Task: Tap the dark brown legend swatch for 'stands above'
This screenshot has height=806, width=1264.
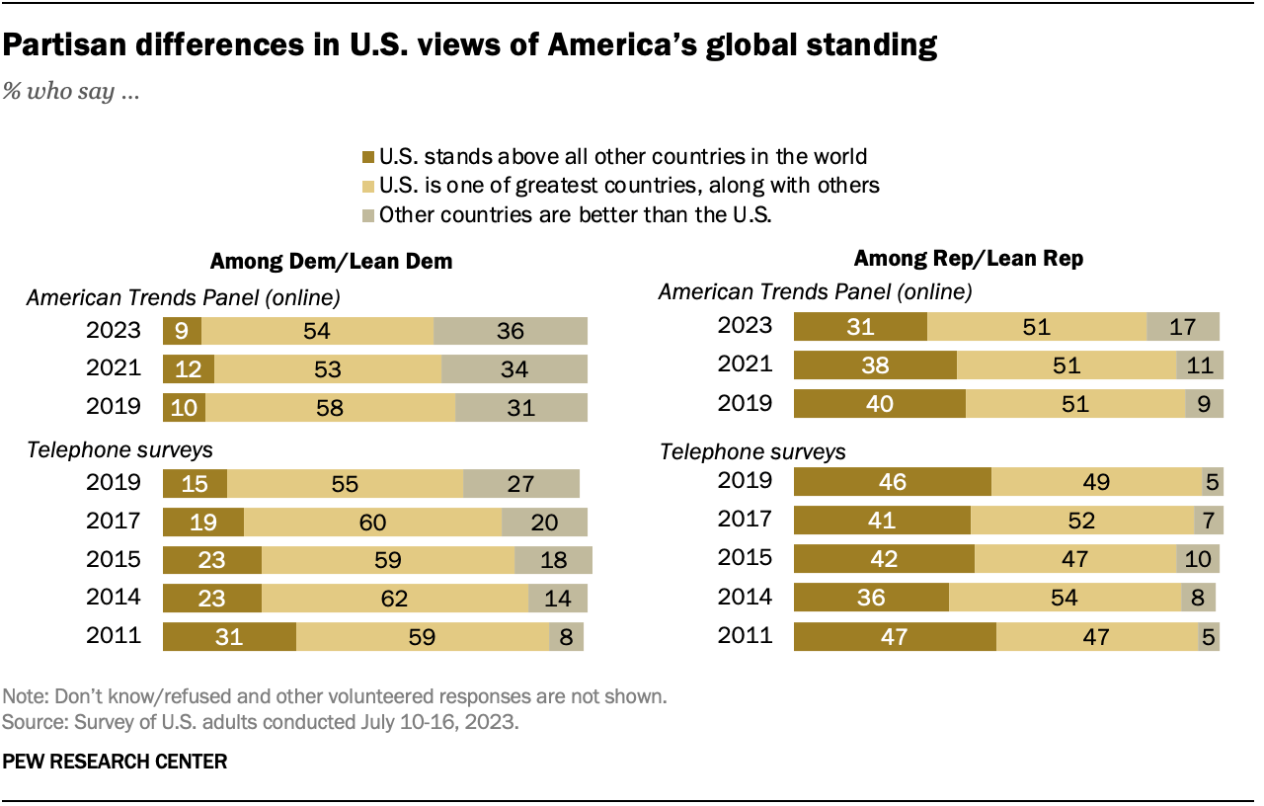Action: (369, 156)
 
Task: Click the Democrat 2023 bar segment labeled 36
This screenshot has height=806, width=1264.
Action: (510, 331)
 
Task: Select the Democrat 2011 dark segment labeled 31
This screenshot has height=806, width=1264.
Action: (229, 636)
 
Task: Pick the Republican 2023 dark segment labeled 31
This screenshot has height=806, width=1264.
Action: (861, 326)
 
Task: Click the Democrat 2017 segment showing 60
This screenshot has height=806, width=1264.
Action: (372, 522)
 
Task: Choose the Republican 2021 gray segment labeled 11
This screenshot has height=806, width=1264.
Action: (1200, 365)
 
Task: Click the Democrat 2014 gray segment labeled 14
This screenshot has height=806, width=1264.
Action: (558, 599)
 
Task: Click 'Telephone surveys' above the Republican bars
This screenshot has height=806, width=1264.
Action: (751, 451)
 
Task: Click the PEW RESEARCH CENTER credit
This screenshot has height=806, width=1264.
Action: (115, 762)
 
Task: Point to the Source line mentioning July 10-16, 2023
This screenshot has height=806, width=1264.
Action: (260, 722)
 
